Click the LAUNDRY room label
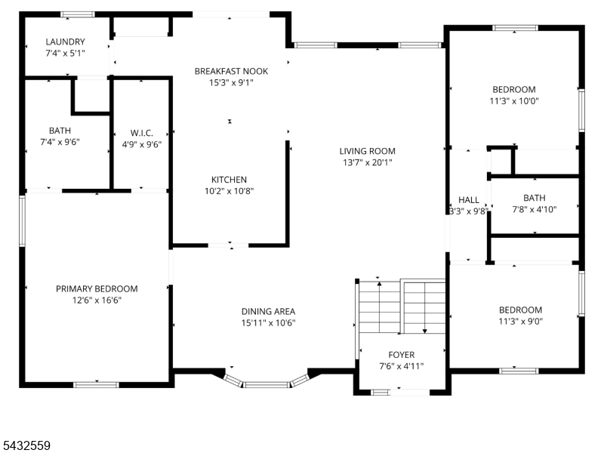coord(65,42)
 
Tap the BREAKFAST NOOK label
coord(231,71)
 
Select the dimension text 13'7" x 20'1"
coord(368,162)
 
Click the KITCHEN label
coord(229,180)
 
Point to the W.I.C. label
coord(142,134)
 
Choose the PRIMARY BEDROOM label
coord(97,289)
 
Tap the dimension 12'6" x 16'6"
coord(97,300)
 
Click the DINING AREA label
coord(268,312)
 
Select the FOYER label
coord(402,355)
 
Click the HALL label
coord(469,200)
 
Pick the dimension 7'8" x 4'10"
coord(535,210)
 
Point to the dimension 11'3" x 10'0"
coord(514,101)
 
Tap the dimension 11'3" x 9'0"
coord(520,322)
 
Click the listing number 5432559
coord(26,445)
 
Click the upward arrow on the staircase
coord(380,307)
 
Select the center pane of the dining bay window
coord(267,384)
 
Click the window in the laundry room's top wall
coord(78,14)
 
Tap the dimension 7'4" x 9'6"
coord(60,142)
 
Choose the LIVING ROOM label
coord(368,152)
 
